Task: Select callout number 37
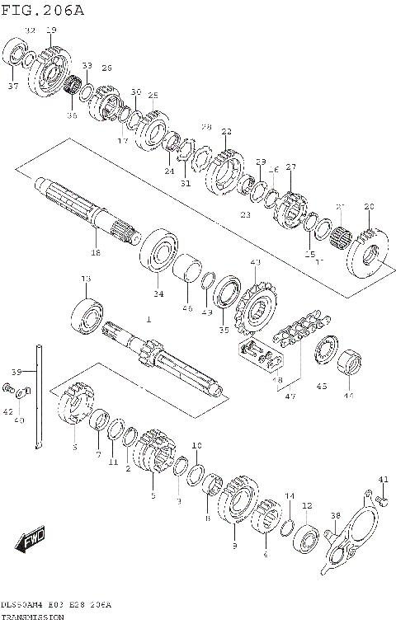[x=13, y=86]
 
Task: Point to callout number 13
[x=85, y=281]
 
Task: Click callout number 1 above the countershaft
[x=148, y=318]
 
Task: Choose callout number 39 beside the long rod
[x=16, y=372]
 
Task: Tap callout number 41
[x=382, y=479]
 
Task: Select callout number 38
[x=335, y=516]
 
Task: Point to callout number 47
[x=290, y=396]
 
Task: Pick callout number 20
[x=368, y=206]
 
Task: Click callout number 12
[x=306, y=505]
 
